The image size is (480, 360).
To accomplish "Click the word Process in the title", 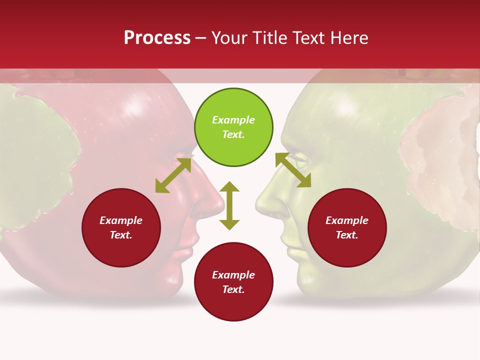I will (157, 38).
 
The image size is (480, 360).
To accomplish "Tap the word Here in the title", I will (348, 38).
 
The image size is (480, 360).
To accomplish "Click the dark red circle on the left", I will (121, 227).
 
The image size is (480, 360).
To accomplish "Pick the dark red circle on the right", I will (347, 227).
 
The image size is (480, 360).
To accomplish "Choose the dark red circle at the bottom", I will (233, 282).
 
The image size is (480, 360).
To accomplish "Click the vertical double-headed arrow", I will (229, 205).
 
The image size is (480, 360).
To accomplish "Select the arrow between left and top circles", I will (173, 175).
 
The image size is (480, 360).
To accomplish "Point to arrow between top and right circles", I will (293, 170).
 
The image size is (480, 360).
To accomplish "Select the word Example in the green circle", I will (233, 120).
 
